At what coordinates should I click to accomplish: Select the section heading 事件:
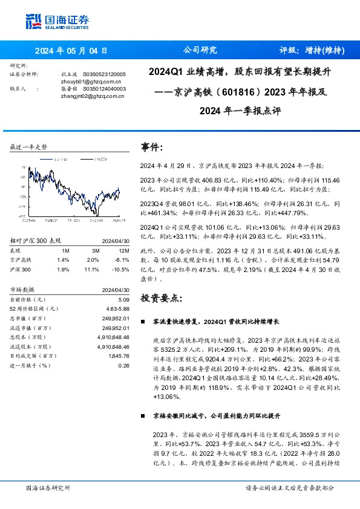152,147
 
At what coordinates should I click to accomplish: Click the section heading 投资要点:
160,298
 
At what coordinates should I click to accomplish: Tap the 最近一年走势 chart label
28,147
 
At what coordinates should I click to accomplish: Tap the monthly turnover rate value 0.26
124,365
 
